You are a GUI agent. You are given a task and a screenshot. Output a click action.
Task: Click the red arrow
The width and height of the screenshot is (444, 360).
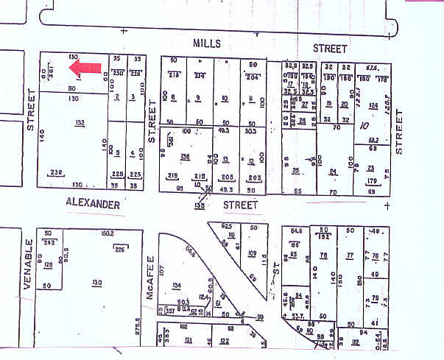coord(85,68)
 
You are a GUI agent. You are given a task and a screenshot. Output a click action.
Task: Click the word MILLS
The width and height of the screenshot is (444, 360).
coord(207,44)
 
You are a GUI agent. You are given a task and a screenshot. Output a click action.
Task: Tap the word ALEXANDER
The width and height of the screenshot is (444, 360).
coord(93,204)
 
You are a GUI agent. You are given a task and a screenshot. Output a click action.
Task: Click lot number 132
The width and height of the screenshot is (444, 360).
coord(80,122)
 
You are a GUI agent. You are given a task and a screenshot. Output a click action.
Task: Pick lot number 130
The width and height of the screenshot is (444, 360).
coord(96,282)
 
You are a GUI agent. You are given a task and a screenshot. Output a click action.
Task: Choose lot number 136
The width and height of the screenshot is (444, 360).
coord(186,156)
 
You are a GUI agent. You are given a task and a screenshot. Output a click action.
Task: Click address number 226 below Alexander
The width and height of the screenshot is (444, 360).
coord(120,248)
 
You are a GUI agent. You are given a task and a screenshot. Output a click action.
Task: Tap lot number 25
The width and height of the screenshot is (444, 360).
coord(295,171)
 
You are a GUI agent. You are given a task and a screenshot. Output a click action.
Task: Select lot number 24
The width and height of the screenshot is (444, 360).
coord(333,172)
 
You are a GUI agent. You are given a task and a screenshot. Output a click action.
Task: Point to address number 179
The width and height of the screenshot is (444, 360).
coord(372,180)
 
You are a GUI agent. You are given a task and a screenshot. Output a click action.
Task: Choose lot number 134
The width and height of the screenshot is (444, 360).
coord(176,285)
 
